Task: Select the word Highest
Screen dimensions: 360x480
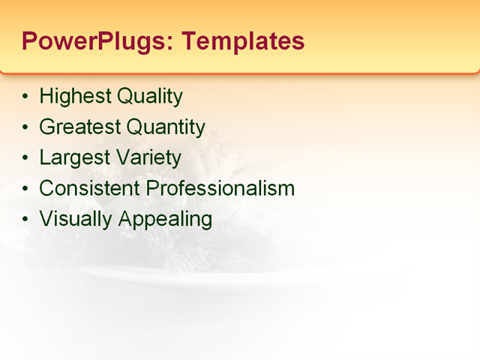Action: point(72,97)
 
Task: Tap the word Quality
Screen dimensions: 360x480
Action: point(147,97)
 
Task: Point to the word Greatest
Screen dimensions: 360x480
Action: point(79,127)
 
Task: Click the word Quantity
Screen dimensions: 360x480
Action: point(166,127)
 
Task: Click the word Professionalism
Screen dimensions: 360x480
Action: point(220,188)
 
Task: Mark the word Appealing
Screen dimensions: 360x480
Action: point(164,219)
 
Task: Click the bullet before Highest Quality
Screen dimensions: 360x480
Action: point(27,97)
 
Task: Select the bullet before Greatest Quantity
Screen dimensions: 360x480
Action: point(27,128)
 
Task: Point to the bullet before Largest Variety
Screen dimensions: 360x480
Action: point(27,159)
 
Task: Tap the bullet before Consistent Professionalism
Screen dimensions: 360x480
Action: point(27,189)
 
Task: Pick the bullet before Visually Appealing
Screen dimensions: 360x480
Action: point(27,220)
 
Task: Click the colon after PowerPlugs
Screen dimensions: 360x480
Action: point(171,44)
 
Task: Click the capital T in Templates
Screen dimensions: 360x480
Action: point(190,40)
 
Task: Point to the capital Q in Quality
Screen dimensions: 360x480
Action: point(120,97)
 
